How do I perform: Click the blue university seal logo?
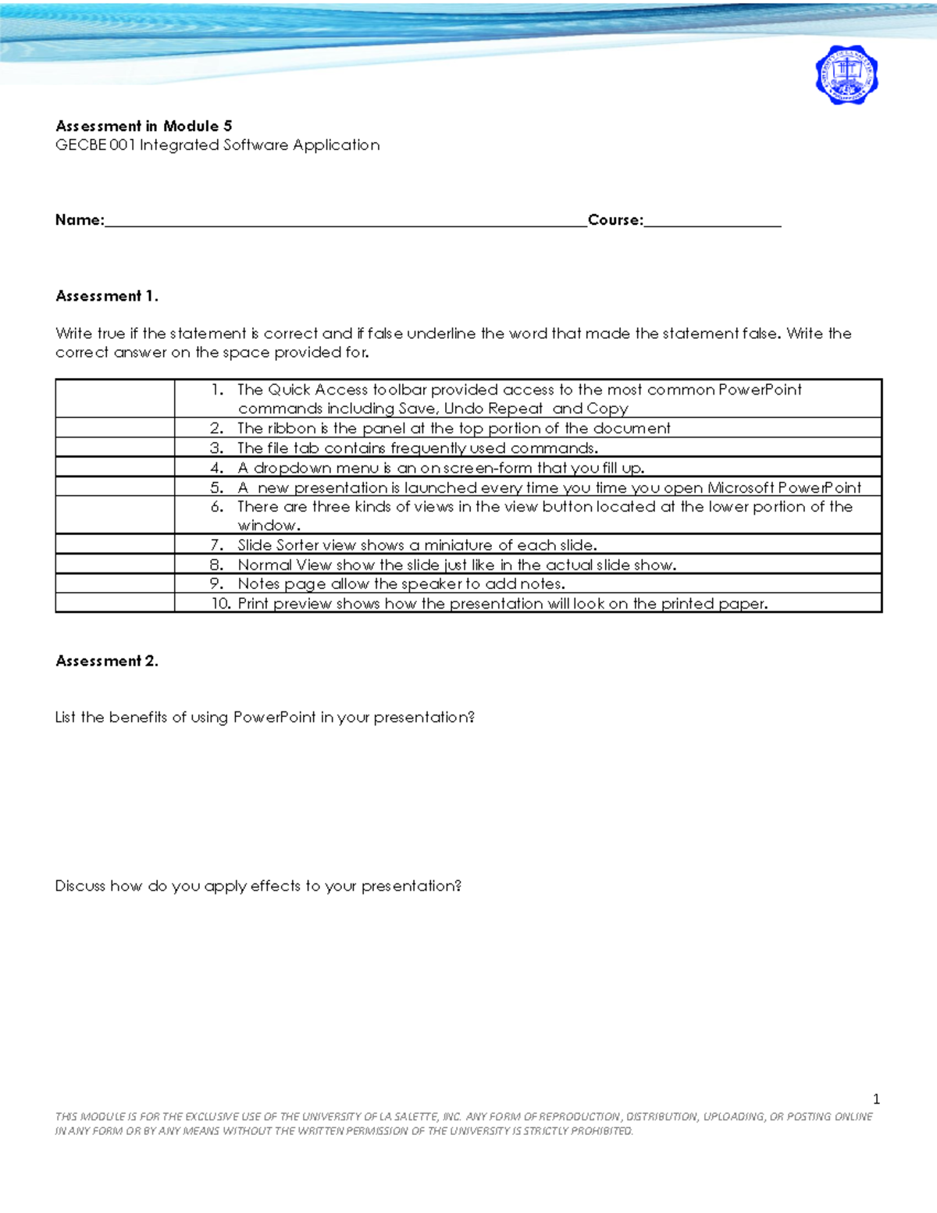(846, 75)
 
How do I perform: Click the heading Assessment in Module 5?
(144, 126)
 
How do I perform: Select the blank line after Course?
(712, 222)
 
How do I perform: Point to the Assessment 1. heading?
(107, 296)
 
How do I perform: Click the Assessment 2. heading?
(107, 661)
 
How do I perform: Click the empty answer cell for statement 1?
(115, 398)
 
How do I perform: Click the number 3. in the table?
(217, 448)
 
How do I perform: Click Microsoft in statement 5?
(740, 487)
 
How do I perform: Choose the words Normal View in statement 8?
(274, 565)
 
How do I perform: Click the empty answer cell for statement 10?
(115, 603)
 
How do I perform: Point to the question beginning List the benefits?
(265, 717)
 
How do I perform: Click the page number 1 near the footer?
(876, 1099)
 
